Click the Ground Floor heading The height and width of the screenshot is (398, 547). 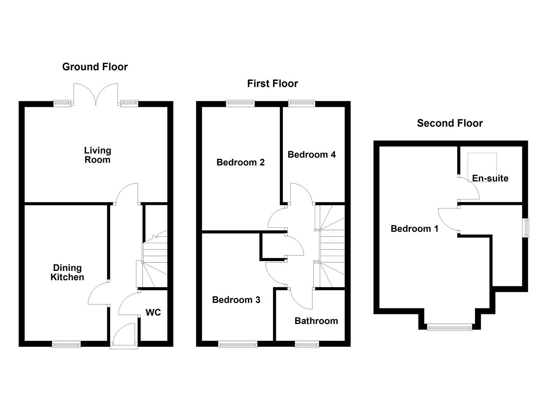95,67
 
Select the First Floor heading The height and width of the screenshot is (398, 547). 272,84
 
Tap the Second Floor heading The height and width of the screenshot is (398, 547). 449,123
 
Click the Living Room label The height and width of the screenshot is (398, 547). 97,155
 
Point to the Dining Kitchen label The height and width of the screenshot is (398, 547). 67,273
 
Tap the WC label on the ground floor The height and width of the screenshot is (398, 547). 153,313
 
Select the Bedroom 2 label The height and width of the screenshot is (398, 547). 240,162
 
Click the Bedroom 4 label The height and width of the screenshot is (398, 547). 311,154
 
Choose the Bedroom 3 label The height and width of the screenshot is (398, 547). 236,300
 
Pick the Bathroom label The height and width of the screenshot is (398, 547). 316,321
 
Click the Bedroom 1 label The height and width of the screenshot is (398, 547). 414,229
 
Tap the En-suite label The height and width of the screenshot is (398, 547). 490,178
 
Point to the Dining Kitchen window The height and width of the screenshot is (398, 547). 66,344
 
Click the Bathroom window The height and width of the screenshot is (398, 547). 307,344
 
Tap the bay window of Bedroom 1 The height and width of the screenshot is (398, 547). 449,327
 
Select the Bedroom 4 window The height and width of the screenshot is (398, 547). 302,104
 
